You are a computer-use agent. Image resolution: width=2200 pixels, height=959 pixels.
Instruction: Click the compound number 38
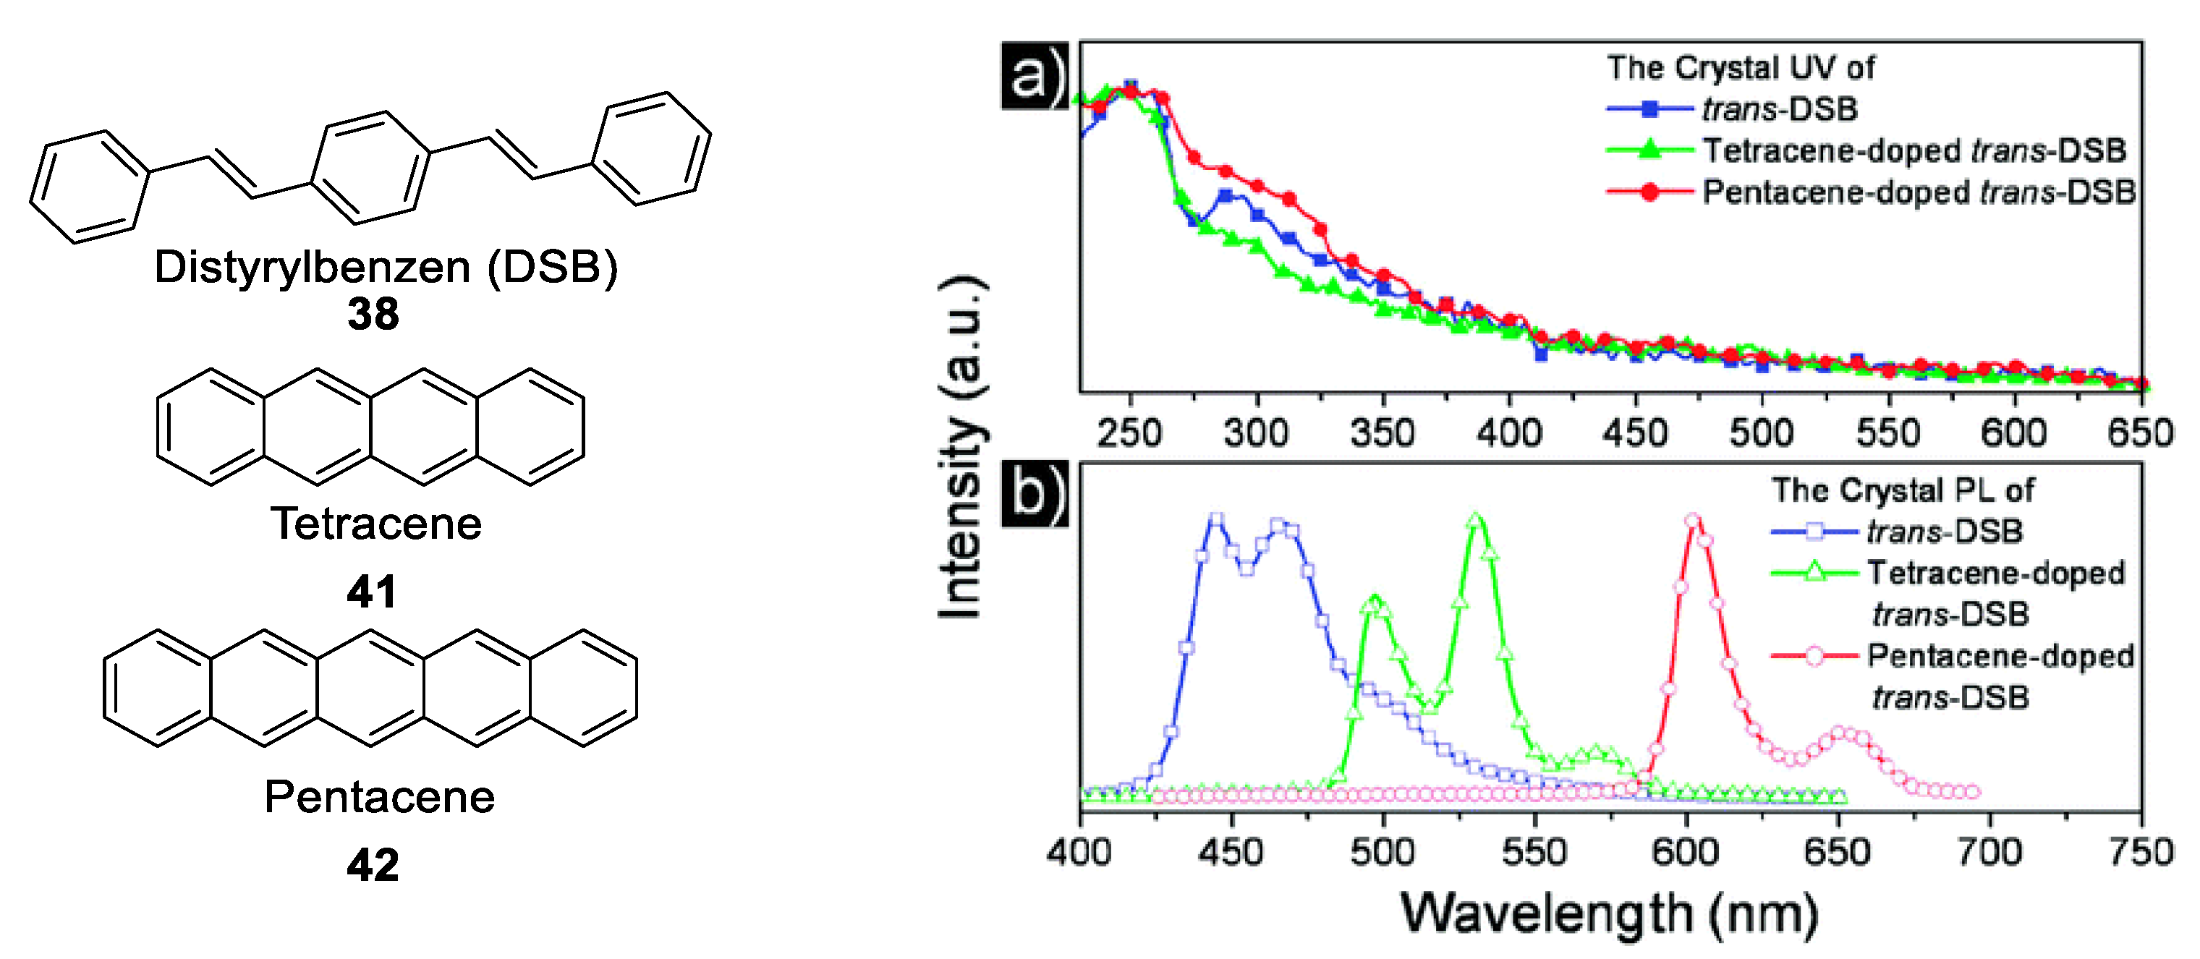click(373, 315)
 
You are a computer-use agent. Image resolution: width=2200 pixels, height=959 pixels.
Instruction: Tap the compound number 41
click(372, 591)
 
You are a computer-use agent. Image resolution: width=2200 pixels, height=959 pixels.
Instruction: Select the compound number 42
click(373, 865)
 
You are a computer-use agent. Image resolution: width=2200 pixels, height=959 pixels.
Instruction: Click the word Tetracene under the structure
click(375, 524)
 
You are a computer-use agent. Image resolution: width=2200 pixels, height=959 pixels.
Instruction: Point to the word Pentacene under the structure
click(379, 797)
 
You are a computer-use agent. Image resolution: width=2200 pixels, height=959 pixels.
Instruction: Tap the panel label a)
click(1035, 77)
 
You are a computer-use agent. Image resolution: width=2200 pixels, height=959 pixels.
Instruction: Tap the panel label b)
click(1035, 495)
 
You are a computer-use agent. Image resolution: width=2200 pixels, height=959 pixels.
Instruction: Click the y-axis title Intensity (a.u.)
click(962, 448)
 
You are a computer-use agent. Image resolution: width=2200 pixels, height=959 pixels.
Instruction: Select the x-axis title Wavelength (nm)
click(1610, 913)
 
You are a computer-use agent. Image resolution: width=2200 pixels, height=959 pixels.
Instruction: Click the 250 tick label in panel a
click(1129, 433)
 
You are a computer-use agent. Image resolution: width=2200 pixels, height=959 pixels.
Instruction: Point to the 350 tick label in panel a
click(1382, 433)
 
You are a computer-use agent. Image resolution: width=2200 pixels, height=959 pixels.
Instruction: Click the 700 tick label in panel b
click(1989, 851)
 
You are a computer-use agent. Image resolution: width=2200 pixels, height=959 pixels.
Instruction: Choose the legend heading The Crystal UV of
click(1741, 67)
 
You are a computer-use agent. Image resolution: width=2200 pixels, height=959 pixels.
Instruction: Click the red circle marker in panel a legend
click(1649, 192)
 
